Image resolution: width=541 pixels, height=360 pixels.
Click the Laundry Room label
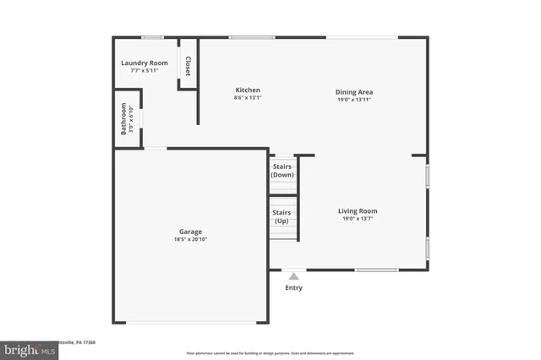coord(144,63)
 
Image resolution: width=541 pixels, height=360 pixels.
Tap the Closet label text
coord(188,66)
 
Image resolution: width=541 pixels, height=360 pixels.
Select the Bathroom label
coord(123,118)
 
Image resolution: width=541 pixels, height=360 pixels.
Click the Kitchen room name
coord(248,90)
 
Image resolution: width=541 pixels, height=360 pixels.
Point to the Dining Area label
coord(354,92)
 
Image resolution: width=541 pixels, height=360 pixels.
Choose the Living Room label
coord(358,210)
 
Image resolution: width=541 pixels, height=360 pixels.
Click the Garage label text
coord(190,232)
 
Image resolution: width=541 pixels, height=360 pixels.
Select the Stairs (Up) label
coord(281,217)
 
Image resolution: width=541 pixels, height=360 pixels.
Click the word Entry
coord(293,288)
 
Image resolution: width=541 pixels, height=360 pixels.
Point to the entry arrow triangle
coord(293,275)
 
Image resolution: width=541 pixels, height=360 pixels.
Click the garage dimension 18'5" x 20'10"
coord(190,239)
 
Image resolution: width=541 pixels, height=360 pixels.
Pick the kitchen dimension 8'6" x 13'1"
coord(248,97)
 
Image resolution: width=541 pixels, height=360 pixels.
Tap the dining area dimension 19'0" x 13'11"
coord(354,100)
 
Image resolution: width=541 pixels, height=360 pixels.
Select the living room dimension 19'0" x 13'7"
coord(358,219)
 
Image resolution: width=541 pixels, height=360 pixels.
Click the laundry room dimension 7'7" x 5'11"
coord(144,70)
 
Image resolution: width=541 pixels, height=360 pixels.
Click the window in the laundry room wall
coord(152,37)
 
